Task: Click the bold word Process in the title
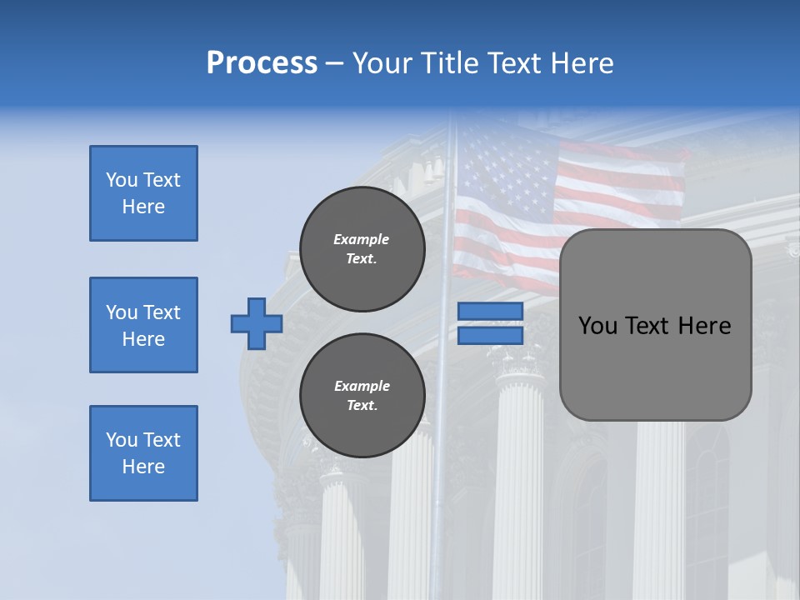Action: (x=262, y=63)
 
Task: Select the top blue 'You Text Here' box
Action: (x=143, y=193)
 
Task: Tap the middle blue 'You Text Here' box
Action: (x=143, y=325)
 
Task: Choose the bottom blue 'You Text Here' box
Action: (x=143, y=453)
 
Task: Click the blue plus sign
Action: (x=257, y=323)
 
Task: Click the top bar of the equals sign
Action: (x=490, y=312)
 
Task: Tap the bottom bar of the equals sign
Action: (x=490, y=335)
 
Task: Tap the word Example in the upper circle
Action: (x=362, y=239)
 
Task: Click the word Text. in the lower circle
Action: (x=362, y=406)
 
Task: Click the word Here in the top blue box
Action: (x=143, y=207)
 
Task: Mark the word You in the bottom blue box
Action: (x=122, y=440)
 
